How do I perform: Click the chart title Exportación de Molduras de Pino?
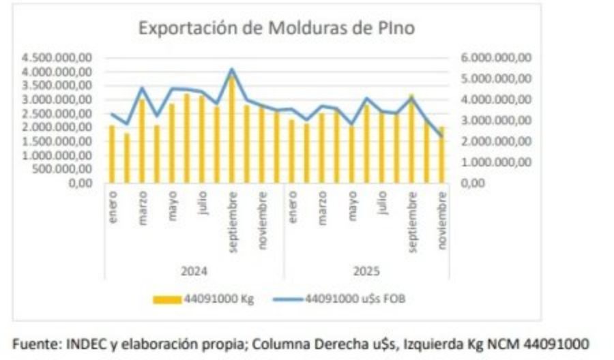pos(276,29)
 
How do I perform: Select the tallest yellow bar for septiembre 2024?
pos(232,130)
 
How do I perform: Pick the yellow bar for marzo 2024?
pos(142,141)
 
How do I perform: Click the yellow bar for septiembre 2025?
pos(412,139)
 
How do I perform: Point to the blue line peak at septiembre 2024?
pos(232,69)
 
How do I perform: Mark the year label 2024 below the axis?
pos(194,270)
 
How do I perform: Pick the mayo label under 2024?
pos(172,205)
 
